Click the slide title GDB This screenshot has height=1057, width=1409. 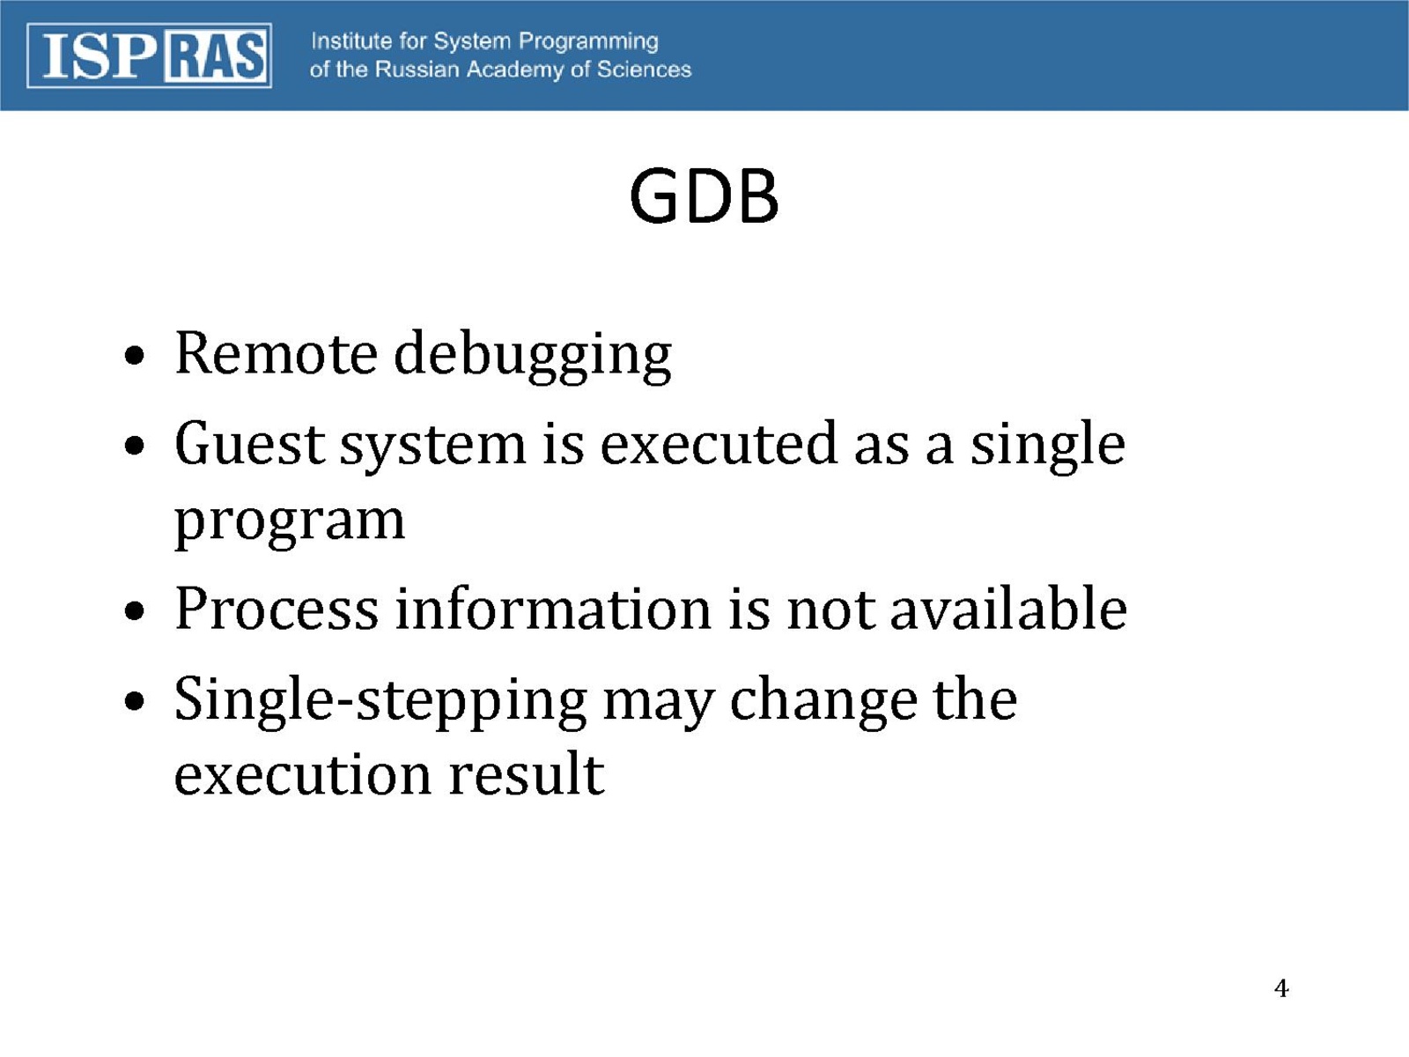point(704,196)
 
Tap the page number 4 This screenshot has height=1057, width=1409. point(1281,988)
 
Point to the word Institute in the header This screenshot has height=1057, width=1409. point(351,41)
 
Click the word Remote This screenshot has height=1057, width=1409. point(276,354)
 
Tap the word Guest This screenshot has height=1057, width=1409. point(250,444)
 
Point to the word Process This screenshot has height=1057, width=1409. point(277,609)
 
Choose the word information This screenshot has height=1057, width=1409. point(553,608)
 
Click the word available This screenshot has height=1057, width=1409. point(1007,608)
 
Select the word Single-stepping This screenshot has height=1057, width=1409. point(380,702)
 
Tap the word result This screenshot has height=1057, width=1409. point(527,772)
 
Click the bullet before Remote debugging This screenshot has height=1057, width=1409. point(134,356)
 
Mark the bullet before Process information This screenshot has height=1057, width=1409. point(134,610)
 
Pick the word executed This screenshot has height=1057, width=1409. point(719,443)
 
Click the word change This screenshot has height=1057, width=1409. point(823,702)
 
